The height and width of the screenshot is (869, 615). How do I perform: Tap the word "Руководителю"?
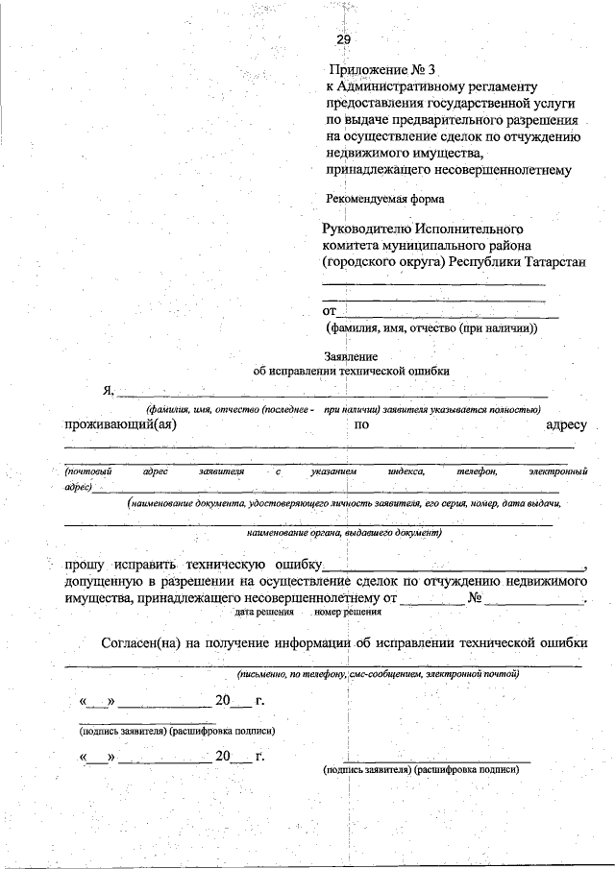[x=368, y=229]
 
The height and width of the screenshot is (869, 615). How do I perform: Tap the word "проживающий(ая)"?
[x=120, y=424]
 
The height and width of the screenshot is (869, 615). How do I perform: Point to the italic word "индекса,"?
[x=406, y=471]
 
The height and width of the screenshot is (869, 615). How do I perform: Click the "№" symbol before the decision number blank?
[x=474, y=597]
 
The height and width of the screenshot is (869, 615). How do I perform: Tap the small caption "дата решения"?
[x=261, y=611]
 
